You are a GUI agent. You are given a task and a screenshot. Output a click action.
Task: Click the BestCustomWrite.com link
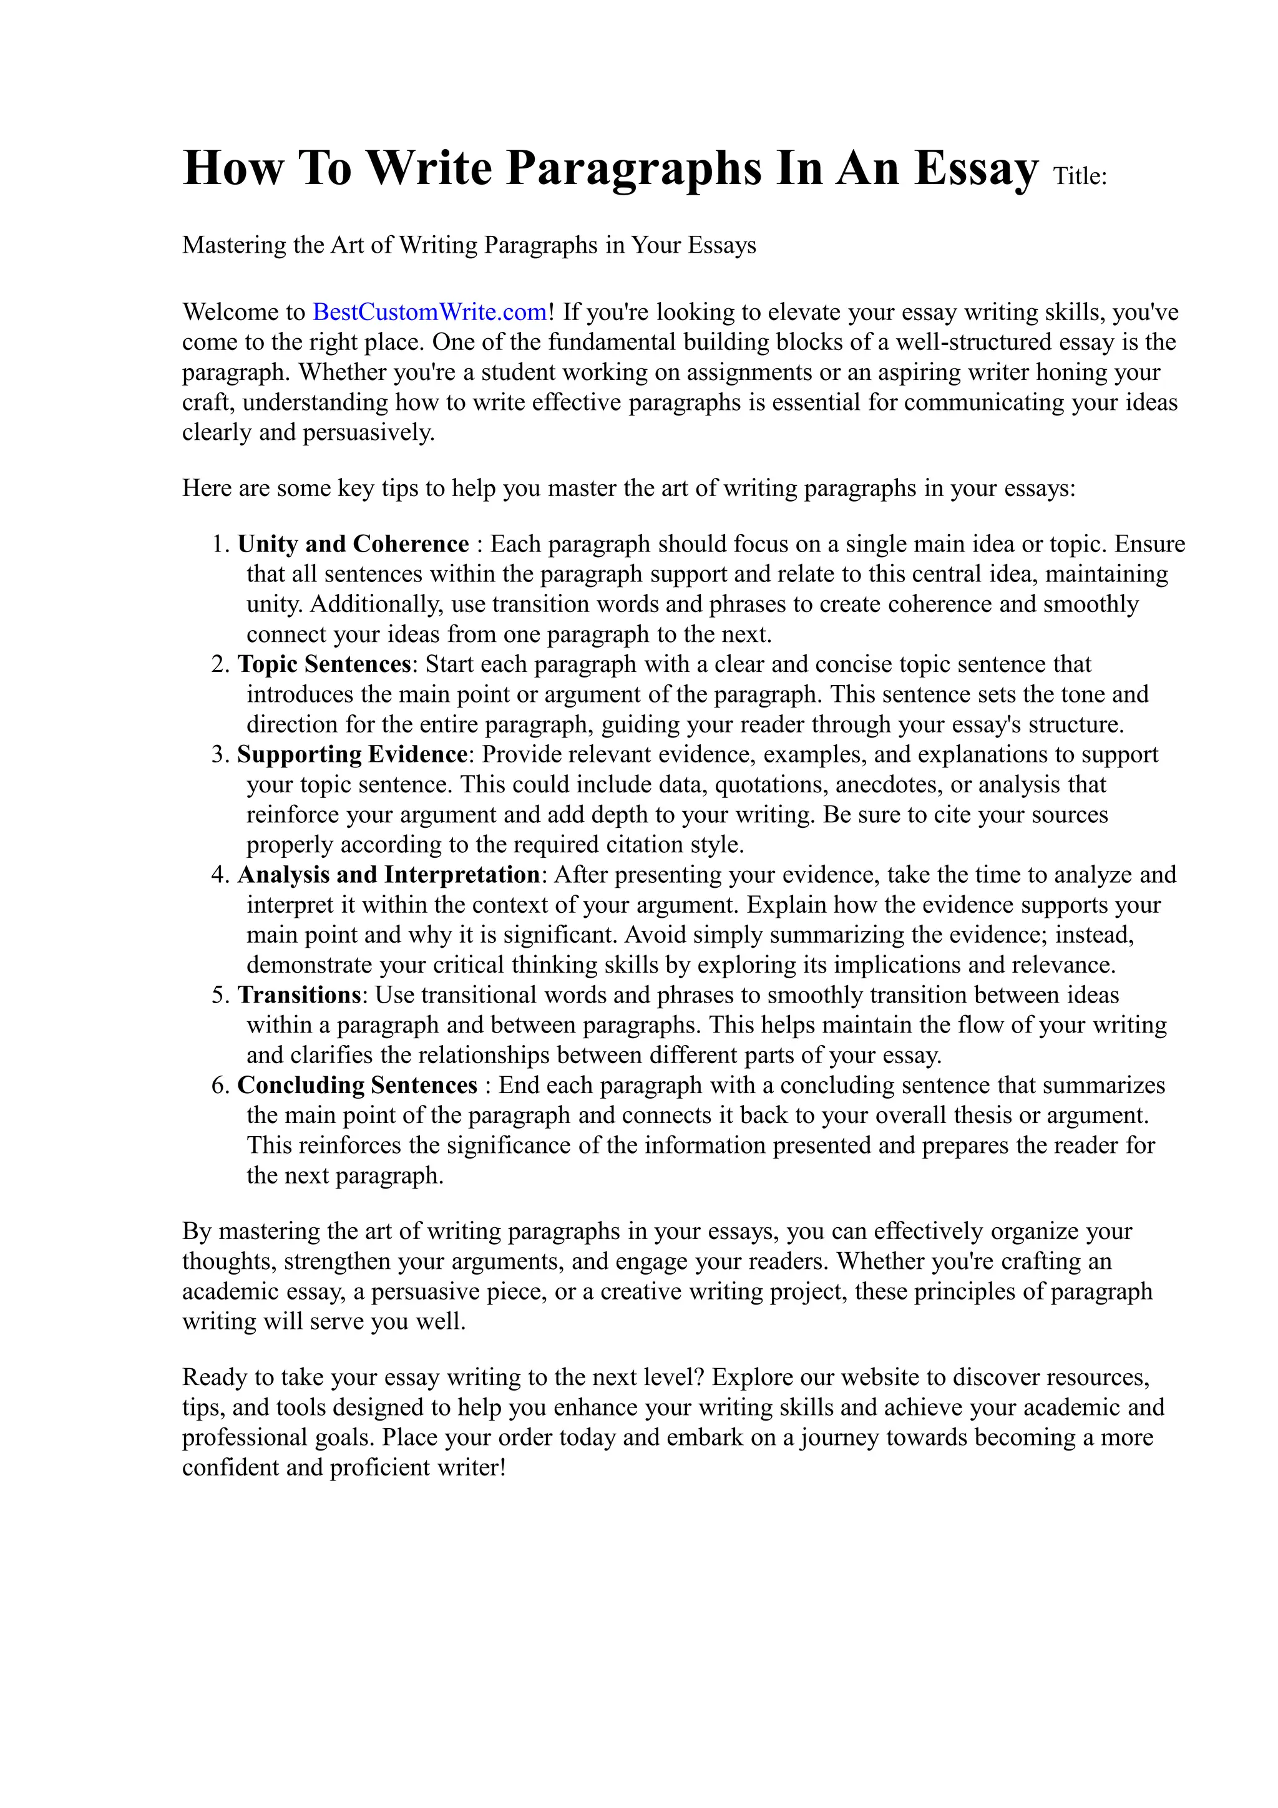click(429, 313)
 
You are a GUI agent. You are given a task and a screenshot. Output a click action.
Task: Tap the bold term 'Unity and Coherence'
click(354, 544)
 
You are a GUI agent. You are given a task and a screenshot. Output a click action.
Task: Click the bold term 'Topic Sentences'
click(324, 664)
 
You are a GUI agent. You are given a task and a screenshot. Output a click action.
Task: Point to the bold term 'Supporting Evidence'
click(353, 754)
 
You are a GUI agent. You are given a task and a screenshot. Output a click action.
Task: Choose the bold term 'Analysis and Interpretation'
click(388, 875)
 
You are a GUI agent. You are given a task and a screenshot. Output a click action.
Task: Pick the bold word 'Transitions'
click(300, 995)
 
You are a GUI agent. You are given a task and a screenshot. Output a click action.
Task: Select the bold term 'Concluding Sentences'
click(358, 1085)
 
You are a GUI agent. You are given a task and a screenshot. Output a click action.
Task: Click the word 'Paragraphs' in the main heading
click(634, 168)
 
